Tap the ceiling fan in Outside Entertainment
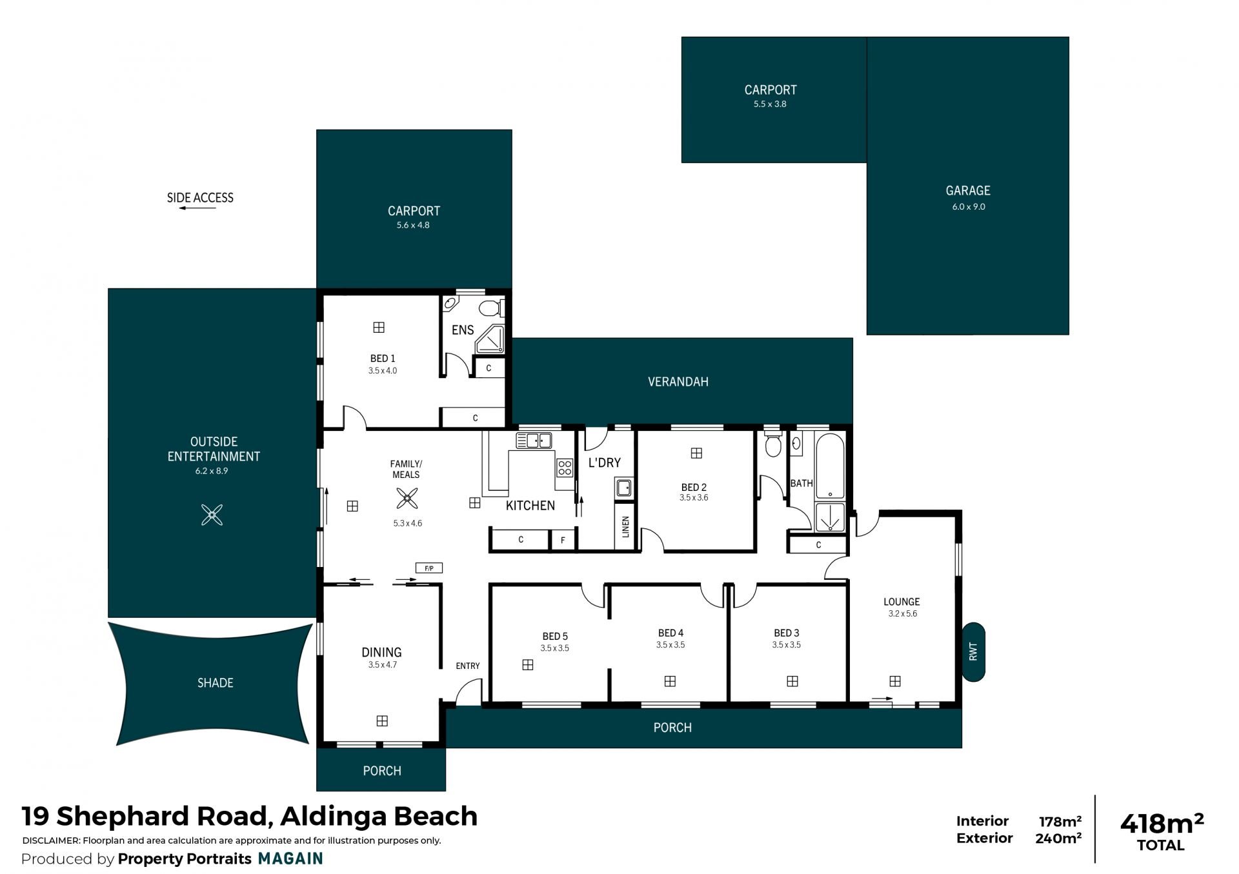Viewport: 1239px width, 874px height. [212, 515]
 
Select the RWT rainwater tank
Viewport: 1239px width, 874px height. [973, 651]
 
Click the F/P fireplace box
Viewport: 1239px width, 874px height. [429, 568]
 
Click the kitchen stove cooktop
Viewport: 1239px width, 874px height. [565, 468]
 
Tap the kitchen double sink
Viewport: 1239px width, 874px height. [534, 441]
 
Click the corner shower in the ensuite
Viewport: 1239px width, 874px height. [491, 340]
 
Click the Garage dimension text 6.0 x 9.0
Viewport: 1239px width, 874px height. [969, 207]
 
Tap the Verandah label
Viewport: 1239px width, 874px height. [678, 382]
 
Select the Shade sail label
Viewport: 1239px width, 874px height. [216, 683]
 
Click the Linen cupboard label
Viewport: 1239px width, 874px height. [625, 527]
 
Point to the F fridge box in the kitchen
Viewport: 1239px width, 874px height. [563, 540]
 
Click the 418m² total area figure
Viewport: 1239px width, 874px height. [1162, 824]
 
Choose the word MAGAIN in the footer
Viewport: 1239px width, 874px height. [290, 859]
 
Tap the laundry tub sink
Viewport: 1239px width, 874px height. [623, 487]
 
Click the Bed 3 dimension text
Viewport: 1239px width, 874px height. [787, 645]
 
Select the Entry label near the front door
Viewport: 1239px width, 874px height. [468, 666]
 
